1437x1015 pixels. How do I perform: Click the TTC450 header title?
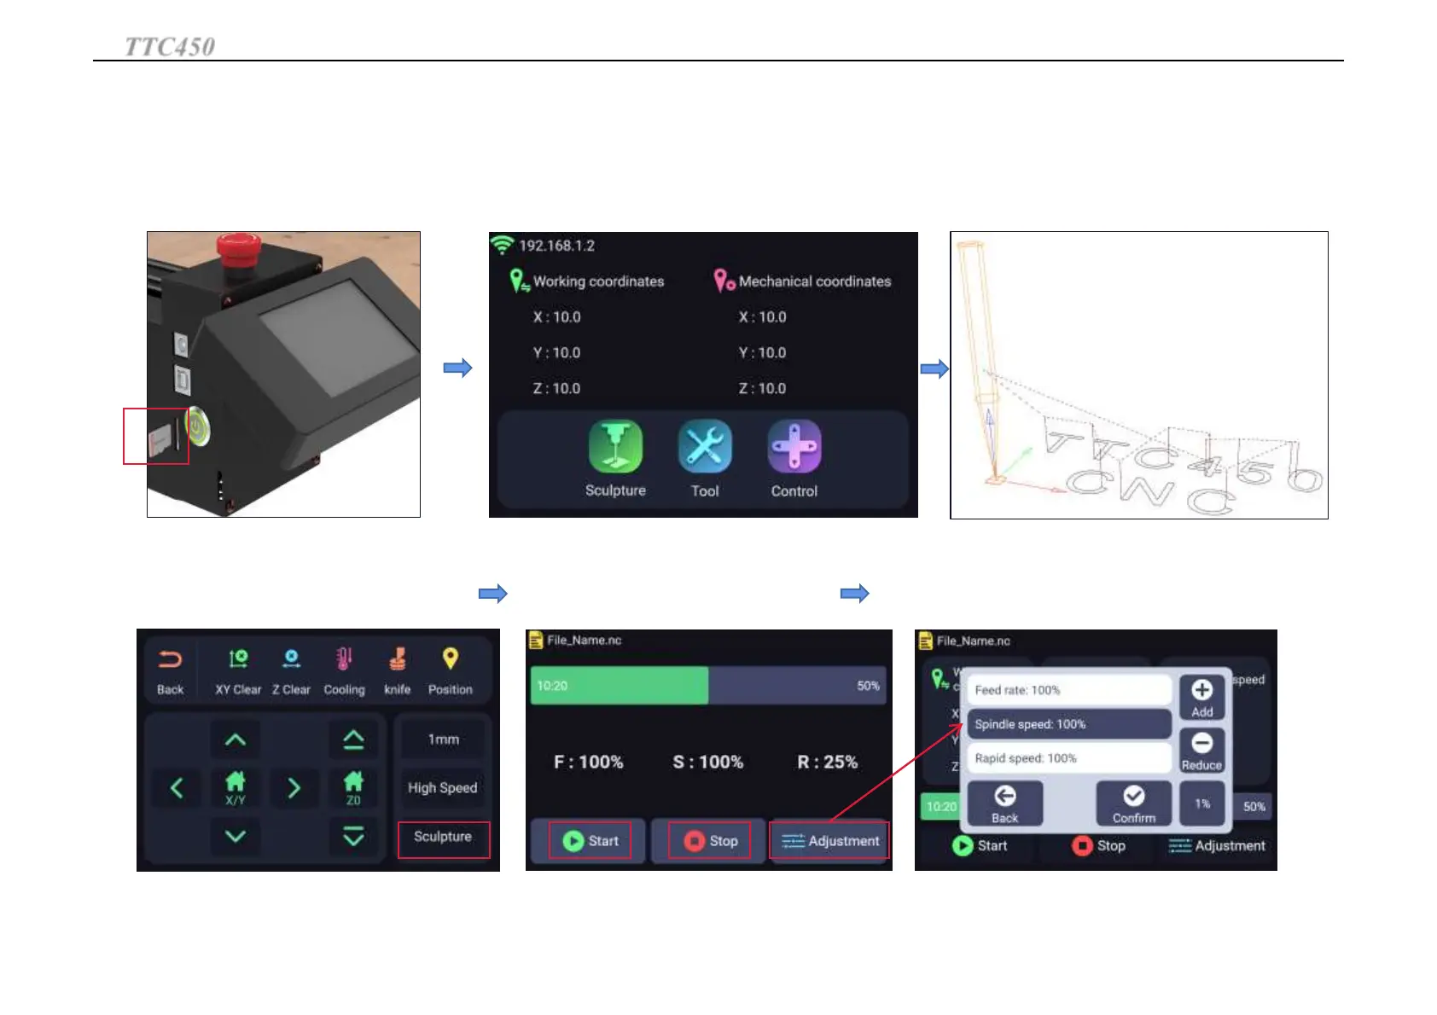pyautogui.click(x=170, y=46)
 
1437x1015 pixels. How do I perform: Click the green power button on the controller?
pyautogui.click(x=197, y=426)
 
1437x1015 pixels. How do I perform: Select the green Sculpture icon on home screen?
pyautogui.click(x=615, y=447)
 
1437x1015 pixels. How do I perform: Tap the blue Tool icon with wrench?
pyautogui.click(x=705, y=447)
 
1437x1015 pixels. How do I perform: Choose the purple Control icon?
pyautogui.click(x=794, y=447)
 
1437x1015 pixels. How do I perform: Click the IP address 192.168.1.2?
pyautogui.click(x=556, y=246)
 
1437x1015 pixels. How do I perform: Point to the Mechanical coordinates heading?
pyautogui.click(x=814, y=281)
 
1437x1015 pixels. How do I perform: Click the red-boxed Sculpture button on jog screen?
pyautogui.click(x=443, y=838)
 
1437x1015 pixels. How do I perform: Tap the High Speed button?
pyautogui.click(x=442, y=788)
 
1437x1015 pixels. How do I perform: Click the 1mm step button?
pyautogui.click(x=443, y=739)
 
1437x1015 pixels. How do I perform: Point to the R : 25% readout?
pyautogui.click(x=827, y=762)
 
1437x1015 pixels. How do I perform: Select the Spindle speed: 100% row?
pyautogui.click(x=1068, y=724)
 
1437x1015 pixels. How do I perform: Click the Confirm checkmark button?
pyautogui.click(x=1133, y=803)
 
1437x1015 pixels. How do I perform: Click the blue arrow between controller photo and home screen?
pyautogui.click(x=457, y=368)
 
